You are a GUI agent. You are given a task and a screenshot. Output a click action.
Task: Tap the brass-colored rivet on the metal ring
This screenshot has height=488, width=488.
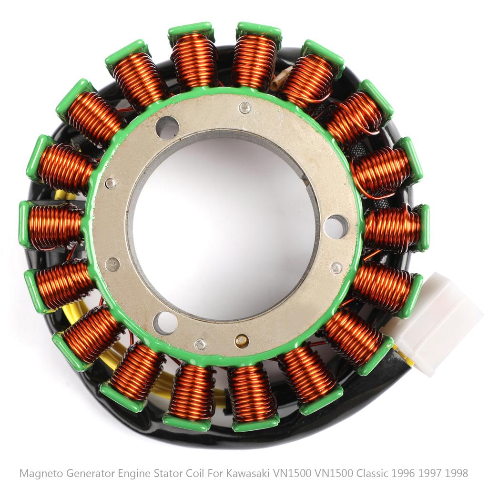tap(242, 340)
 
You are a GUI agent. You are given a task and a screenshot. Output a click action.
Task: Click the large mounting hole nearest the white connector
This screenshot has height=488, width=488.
tap(336, 226)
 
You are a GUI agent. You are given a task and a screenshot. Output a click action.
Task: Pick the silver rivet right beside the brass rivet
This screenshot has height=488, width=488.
tap(201, 344)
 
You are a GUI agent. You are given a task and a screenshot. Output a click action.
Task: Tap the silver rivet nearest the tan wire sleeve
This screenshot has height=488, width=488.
tap(244, 108)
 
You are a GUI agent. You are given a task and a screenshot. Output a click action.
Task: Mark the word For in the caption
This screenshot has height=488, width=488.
tap(219, 473)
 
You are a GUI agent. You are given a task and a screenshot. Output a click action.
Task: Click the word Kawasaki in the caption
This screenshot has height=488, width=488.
tap(249, 473)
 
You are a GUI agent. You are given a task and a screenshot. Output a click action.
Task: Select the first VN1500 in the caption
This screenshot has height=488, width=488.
tap(290, 473)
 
